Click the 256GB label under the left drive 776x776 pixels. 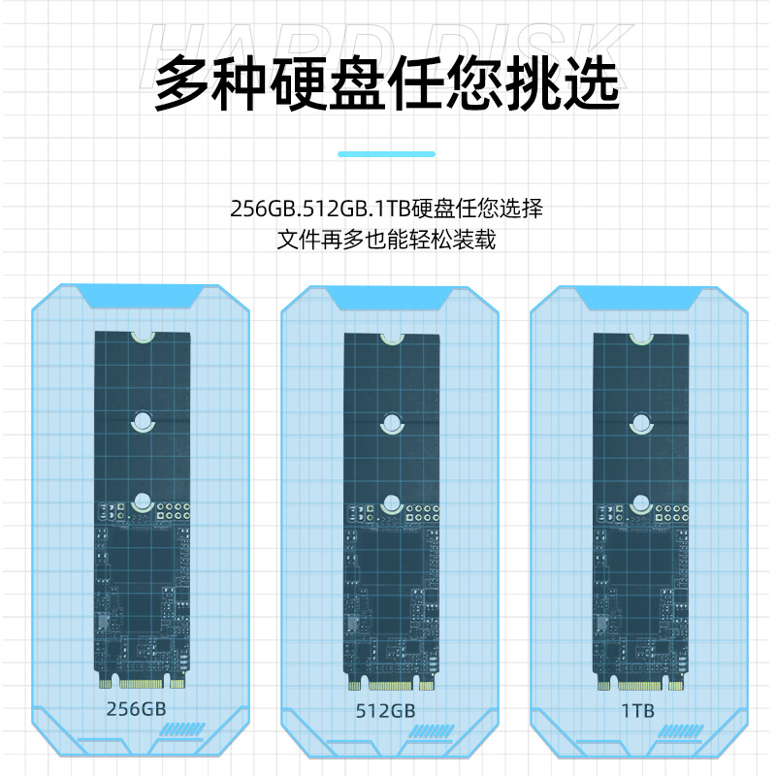click(x=135, y=708)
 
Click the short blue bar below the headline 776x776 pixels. click(x=386, y=153)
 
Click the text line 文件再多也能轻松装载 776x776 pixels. click(x=386, y=239)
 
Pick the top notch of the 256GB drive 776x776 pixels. click(x=143, y=337)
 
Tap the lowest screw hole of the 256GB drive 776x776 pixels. click(x=143, y=502)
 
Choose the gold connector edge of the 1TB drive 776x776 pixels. click(x=641, y=679)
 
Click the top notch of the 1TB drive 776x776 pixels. click(x=641, y=339)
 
